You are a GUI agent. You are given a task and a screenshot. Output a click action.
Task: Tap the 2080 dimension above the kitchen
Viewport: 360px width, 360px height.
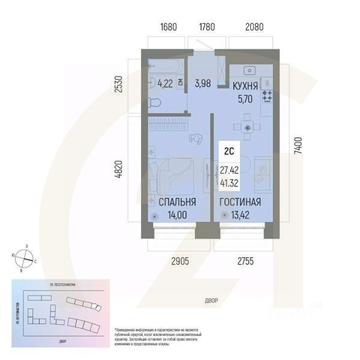pos(252,27)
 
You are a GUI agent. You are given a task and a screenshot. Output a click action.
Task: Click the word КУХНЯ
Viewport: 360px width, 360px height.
pos(245,86)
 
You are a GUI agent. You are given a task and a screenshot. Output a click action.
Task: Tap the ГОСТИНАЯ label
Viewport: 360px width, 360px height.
pos(240,202)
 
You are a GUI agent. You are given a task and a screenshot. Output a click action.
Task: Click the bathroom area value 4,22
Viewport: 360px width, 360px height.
pos(164,83)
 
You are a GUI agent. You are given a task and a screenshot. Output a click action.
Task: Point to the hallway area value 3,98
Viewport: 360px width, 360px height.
pos(202,83)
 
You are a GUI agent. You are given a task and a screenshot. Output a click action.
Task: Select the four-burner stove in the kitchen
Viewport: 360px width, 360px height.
pos(267,95)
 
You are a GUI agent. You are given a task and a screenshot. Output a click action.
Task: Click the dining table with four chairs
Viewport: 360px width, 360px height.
pos(245,127)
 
